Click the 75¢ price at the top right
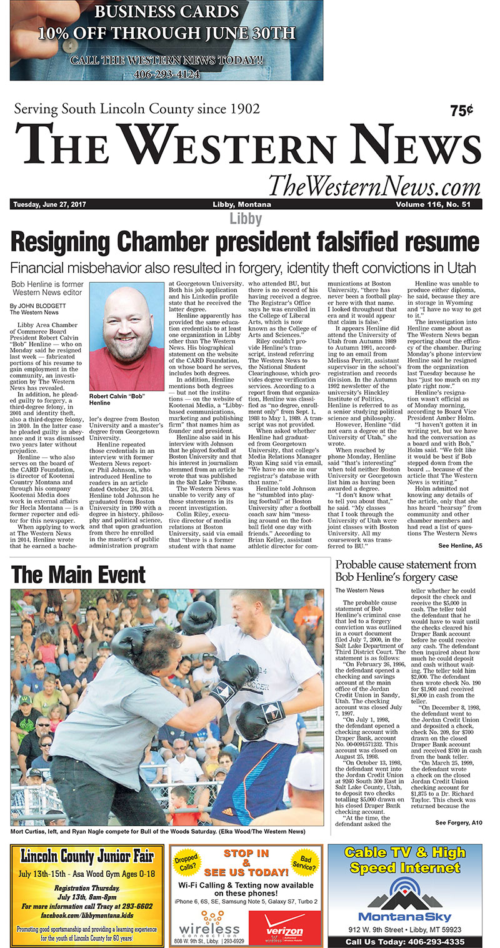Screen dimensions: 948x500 point(461,111)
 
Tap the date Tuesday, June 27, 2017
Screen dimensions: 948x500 point(49,205)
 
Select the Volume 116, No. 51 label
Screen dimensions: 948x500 point(437,205)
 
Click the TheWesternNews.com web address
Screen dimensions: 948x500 point(374,185)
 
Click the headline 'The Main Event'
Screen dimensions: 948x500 point(78,574)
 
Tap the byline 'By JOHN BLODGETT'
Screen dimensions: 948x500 point(36,305)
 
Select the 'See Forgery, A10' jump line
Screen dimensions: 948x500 point(459,822)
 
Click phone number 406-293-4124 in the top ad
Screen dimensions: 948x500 point(166,72)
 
